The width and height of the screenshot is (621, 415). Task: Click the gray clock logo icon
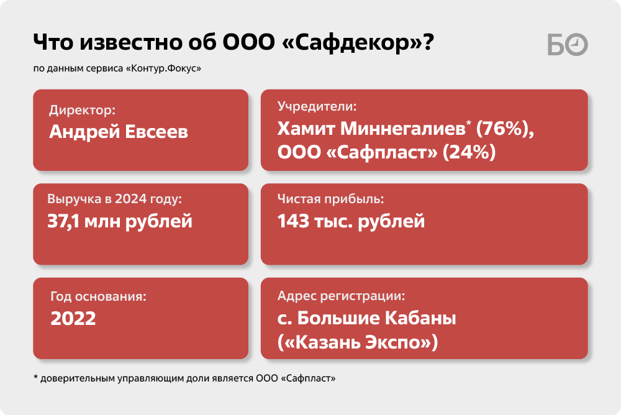(x=577, y=44)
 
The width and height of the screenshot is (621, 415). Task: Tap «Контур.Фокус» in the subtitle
(x=163, y=68)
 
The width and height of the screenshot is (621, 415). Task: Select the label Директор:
(x=83, y=110)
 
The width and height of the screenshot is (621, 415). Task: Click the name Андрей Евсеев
(x=119, y=132)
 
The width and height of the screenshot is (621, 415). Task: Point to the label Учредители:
(x=317, y=106)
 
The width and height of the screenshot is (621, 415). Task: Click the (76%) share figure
(x=505, y=129)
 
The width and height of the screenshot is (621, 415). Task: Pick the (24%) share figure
(x=469, y=152)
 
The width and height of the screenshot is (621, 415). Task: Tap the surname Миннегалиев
(x=402, y=129)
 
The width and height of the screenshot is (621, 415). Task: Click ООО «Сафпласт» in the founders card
(x=357, y=152)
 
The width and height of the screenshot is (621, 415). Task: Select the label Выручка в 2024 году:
(x=114, y=199)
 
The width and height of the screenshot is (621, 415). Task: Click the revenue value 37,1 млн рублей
(x=120, y=221)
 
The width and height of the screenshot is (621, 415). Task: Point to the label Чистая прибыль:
(x=331, y=199)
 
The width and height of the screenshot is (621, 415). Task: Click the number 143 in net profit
(x=293, y=221)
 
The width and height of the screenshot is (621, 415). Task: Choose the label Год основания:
(x=98, y=296)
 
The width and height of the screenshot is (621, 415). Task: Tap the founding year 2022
(x=73, y=318)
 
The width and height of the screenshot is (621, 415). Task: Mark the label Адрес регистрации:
(x=341, y=296)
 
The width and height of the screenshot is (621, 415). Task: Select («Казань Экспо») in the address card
(x=358, y=342)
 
